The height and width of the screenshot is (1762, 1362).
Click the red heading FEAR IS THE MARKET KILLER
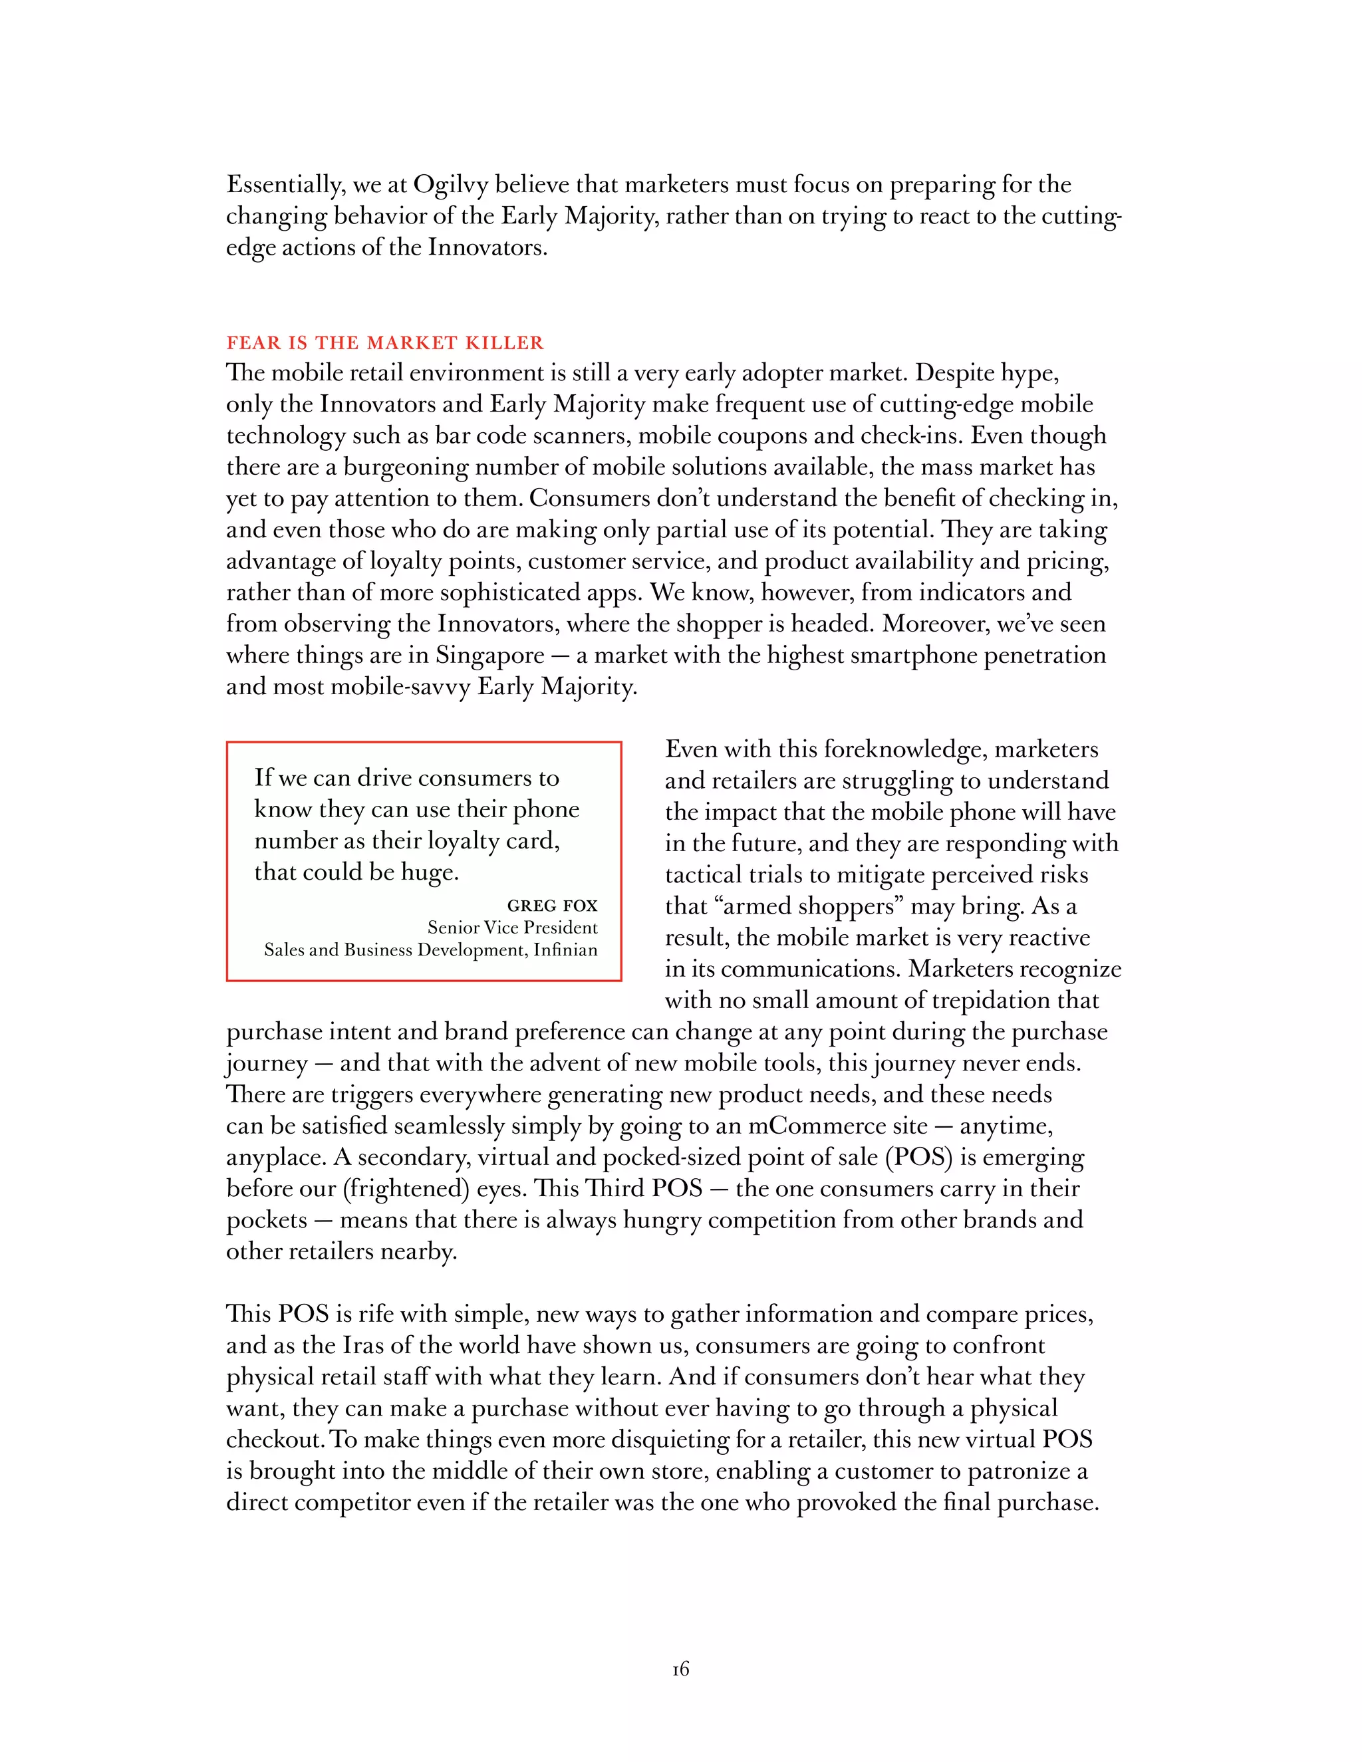(x=385, y=343)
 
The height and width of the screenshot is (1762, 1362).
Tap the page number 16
(x=680, y=1669)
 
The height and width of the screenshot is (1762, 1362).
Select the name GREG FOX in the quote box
(x=552, y=905)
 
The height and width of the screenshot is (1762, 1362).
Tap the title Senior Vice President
(x=512, y=928)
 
